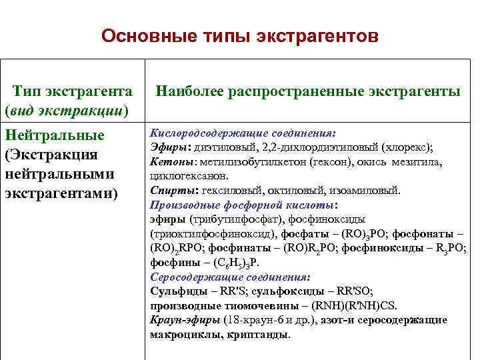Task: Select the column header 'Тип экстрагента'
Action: (73, 90)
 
